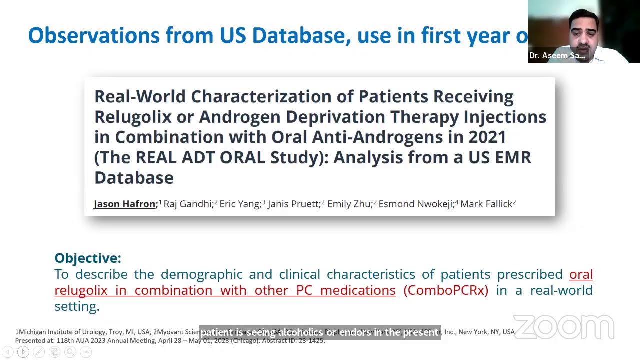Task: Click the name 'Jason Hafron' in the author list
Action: coord(125,204)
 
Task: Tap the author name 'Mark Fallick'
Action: coord(486,204)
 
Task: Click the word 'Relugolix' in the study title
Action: coord(142,117)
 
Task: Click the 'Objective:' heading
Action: coord(88,258)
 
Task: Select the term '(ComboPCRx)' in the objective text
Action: coord(445,290)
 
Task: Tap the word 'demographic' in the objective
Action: coord(216,274)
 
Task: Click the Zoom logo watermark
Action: coord(564,327)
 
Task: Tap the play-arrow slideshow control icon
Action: coord(23,352)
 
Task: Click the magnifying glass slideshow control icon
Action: coord(70,352)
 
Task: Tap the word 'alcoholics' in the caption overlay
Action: coord(300,332)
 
